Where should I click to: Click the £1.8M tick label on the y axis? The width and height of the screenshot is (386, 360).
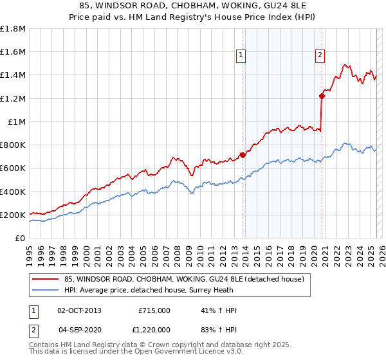click(13, 29)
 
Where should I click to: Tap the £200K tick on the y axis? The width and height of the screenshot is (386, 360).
click(13, 215)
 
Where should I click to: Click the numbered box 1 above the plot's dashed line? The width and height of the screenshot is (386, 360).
click(241, 56)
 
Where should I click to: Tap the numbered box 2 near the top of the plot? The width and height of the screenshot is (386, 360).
click(320, 56)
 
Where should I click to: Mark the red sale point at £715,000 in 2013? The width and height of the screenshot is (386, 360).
click(243, 155)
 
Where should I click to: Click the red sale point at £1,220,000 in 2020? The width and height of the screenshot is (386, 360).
click(322, 96)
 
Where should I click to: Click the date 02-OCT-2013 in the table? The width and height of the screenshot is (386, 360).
click(79, 310)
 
